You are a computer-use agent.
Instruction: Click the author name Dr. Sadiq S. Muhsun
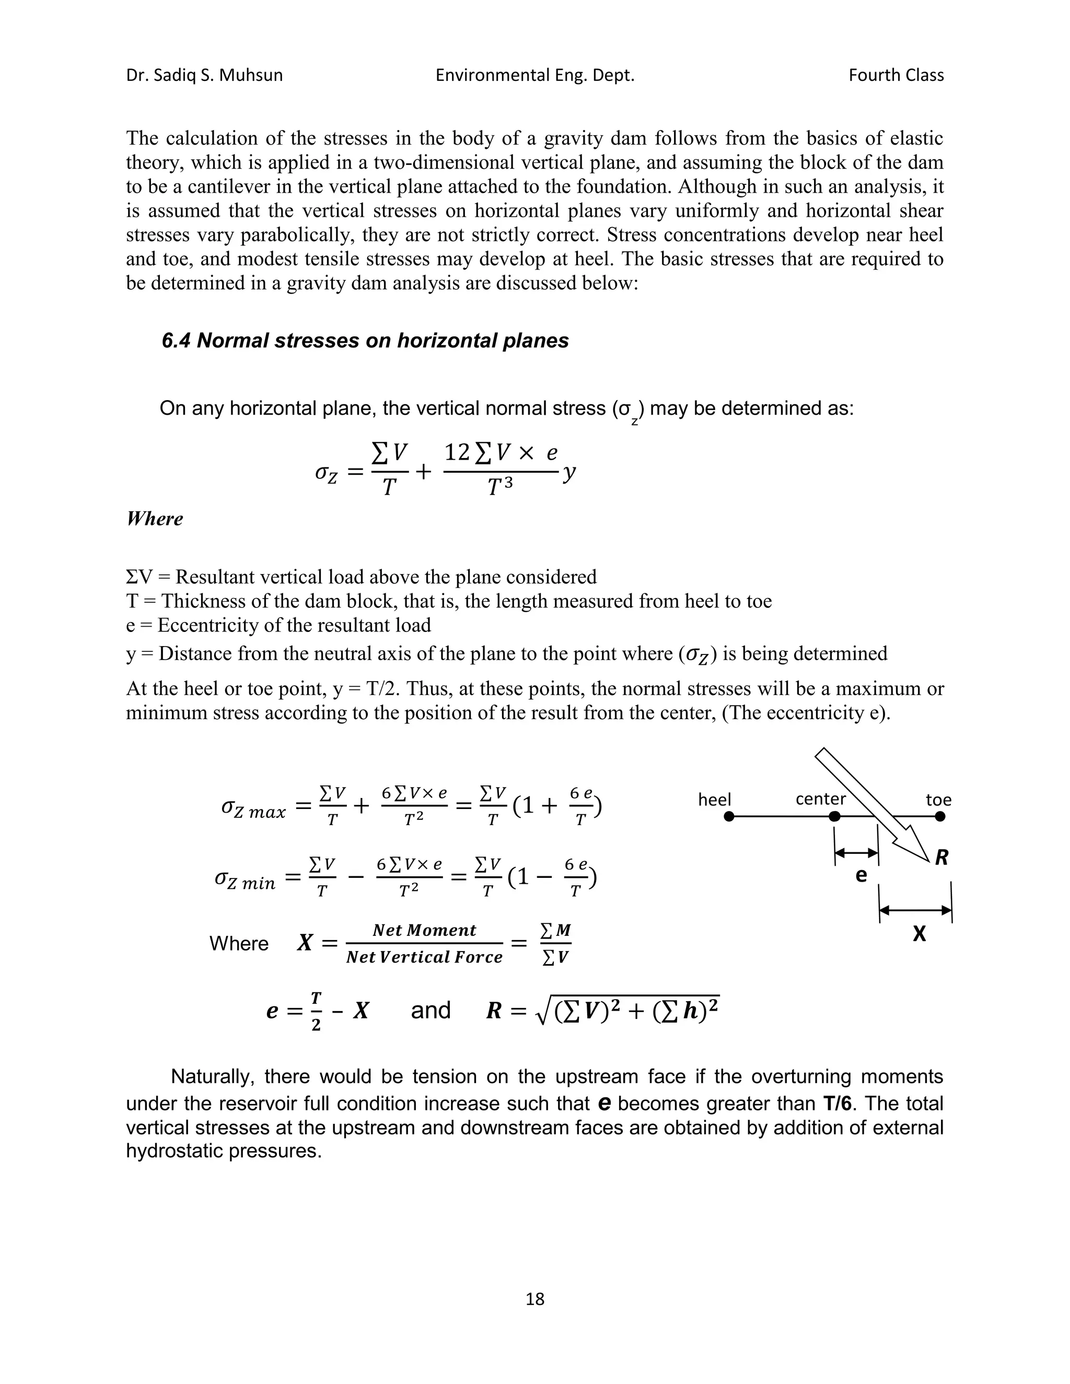click(x=204, y=75)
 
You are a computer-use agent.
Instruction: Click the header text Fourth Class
click(x=895, y=75)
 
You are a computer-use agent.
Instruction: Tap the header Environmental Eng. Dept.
click(x=534, y=75)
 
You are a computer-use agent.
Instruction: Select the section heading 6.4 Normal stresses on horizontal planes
click(x=365, y=341)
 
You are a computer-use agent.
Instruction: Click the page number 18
click(x=535, y=1299)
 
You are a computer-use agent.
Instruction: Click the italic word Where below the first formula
click(x=154, y=519)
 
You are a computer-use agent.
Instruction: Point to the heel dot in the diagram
click(x=729, y=817)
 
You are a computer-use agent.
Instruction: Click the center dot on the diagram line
click(x=835, y=817)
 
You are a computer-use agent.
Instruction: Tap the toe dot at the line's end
click(x=940, y=817)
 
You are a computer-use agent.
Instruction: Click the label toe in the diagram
click(x=938, y=800)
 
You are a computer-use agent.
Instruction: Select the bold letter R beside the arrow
click(x=941, y=858)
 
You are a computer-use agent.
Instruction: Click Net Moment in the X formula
click(x=424, y=930)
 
